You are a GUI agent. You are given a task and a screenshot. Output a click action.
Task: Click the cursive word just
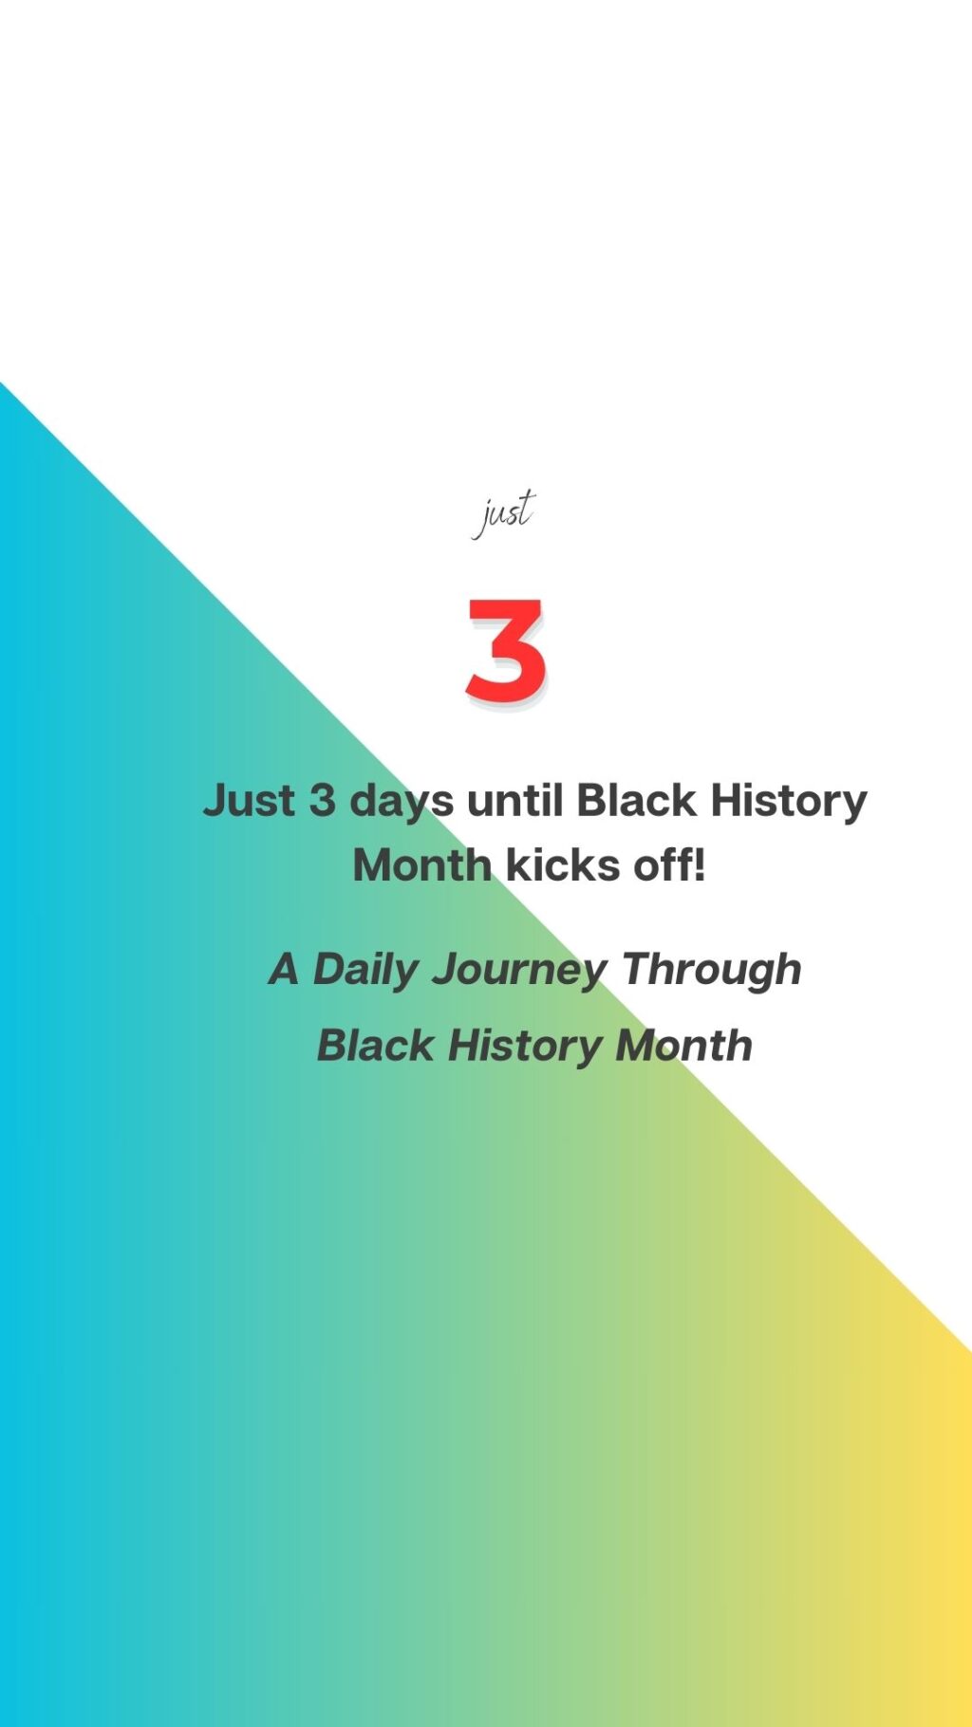504,513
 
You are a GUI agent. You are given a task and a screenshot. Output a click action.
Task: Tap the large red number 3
506,651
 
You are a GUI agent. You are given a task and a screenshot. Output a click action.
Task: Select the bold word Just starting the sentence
249,800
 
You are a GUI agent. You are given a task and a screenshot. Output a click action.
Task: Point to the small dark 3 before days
323,800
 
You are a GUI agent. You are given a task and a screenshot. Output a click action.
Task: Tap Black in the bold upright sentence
637,800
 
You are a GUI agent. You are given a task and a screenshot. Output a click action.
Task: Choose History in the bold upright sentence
789,802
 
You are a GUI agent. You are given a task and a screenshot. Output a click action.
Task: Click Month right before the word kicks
422,865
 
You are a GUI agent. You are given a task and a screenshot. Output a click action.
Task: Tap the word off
664,865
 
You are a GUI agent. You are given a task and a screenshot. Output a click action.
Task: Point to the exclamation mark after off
701,865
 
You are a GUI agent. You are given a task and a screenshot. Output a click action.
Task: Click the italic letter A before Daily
284,970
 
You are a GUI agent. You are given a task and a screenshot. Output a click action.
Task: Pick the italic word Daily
365,971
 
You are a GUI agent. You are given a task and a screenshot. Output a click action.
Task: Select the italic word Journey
519,971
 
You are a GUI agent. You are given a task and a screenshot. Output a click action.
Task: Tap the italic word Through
712,971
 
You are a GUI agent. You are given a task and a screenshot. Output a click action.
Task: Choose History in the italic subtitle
525,1047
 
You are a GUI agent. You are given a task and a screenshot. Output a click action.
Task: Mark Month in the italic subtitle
684,1046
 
